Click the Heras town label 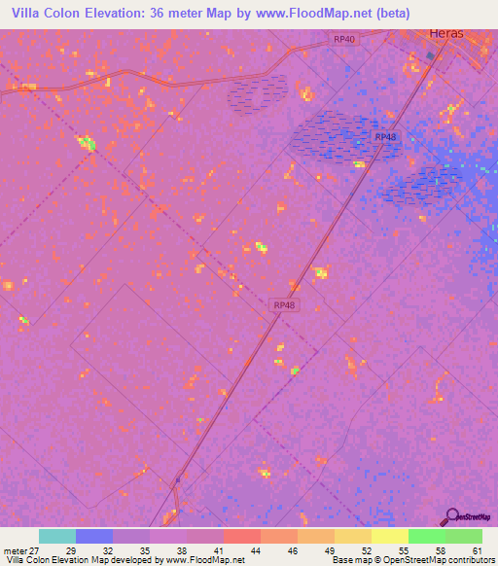pos(447,33)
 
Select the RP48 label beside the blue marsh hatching pos(385,137)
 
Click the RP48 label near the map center pos(284,305)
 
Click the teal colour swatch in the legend pos(57,536)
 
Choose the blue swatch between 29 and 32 pos(94,536)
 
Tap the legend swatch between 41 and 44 pos(241,536)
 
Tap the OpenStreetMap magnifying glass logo pos(452,516)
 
